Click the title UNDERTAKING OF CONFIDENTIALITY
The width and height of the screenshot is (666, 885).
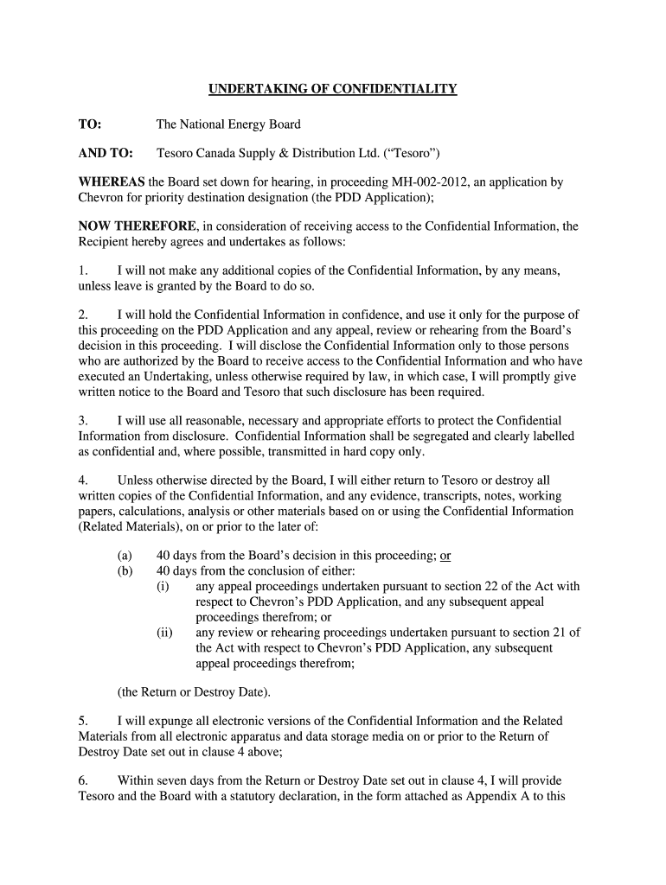click(332, 89)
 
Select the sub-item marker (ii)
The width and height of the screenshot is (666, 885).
click(164, 632)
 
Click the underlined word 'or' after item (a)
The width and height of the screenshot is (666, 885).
click(446, 556)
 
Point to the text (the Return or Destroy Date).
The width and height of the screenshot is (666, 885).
click(195, 691)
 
